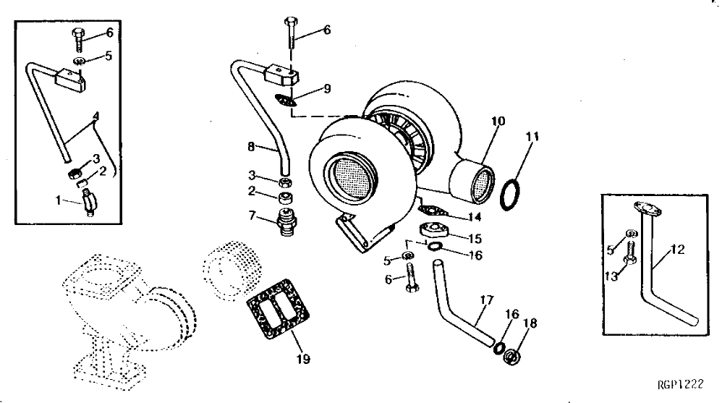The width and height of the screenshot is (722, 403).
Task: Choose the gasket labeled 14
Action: click(432, 210)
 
